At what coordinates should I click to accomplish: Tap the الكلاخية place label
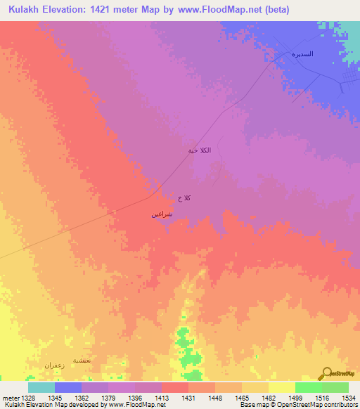pyautogui.click(x=200, y=151)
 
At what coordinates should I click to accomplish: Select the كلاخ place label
pyautogui.click(x=184, y=199)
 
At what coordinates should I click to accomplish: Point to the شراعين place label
pyautogui.click(x=162, y=214)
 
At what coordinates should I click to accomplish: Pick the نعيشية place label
pyautogui.click(x=82, y=360)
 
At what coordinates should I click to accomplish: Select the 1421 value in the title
pyautogui.click(x=108, y=10)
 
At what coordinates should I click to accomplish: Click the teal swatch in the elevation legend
pyautogui.click(x=41, y=387)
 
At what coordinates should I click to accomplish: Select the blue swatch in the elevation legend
pyautogui.click(x=68, y=387)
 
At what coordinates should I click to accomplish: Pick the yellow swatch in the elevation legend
pyautogui.click(x=282, y=387)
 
